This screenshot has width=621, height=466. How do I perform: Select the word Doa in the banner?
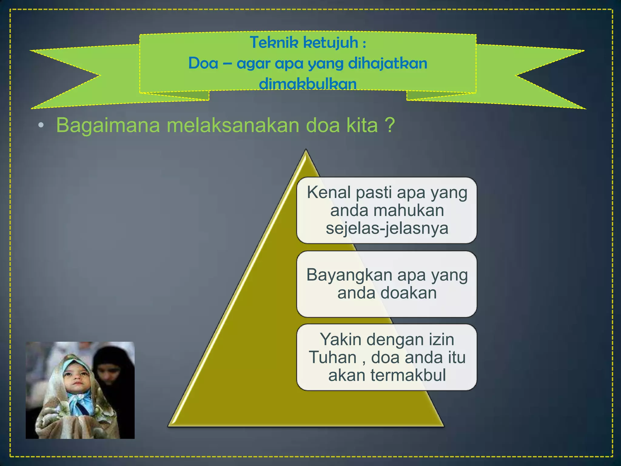[203, 63]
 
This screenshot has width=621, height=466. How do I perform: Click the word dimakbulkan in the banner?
[307, 84]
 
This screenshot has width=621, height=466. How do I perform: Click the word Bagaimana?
[108, 125]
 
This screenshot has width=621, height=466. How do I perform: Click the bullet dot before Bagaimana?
[41, 125]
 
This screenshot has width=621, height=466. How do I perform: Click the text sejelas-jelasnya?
[387, 228]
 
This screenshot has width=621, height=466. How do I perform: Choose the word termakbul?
[408, 375]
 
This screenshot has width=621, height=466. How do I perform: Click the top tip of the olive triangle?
[306, 151]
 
